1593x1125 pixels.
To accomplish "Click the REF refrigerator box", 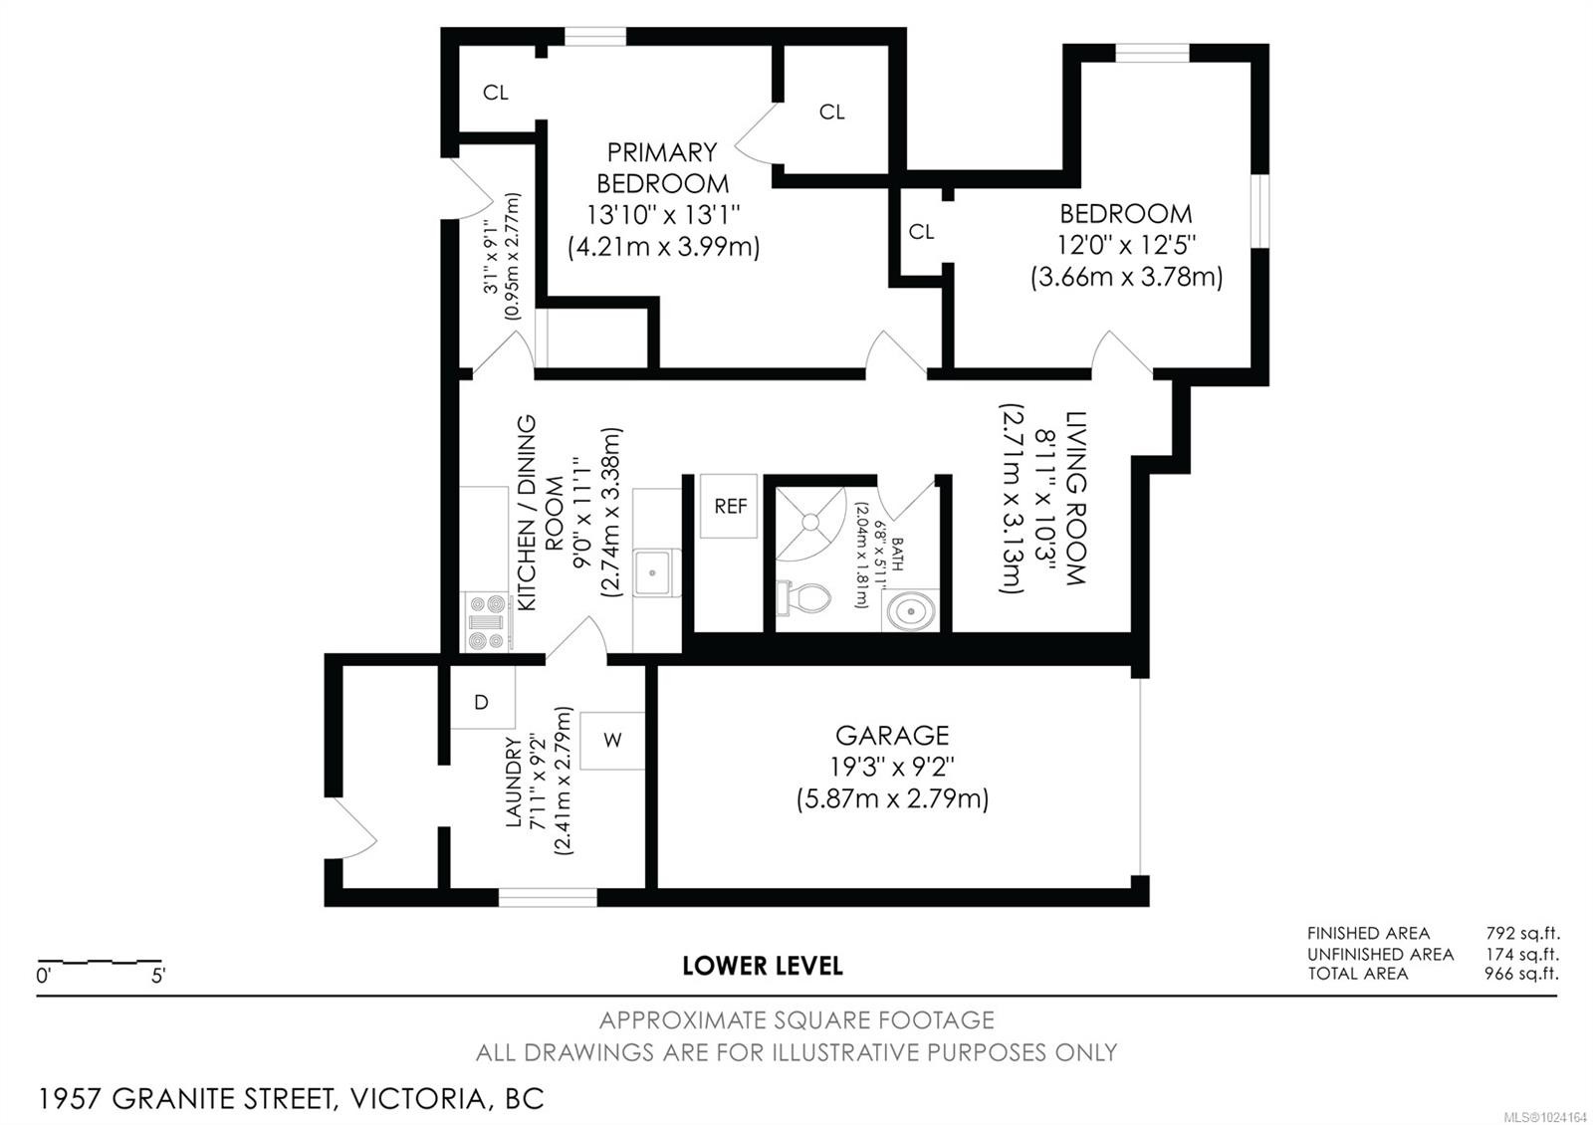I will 729,506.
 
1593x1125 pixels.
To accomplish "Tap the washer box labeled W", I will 612,740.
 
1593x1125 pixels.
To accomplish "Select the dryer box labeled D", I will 482,701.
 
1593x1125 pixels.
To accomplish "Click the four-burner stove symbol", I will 487,621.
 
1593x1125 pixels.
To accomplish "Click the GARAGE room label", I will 891,736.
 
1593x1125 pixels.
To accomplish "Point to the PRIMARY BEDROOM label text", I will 662,167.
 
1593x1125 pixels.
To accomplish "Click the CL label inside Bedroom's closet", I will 921,232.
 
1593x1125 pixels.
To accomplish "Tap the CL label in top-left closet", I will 496,93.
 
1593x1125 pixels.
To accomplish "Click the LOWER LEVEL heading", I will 763,966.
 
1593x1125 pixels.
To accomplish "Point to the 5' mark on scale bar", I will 158,976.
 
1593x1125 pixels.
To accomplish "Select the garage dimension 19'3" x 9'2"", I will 891,768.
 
